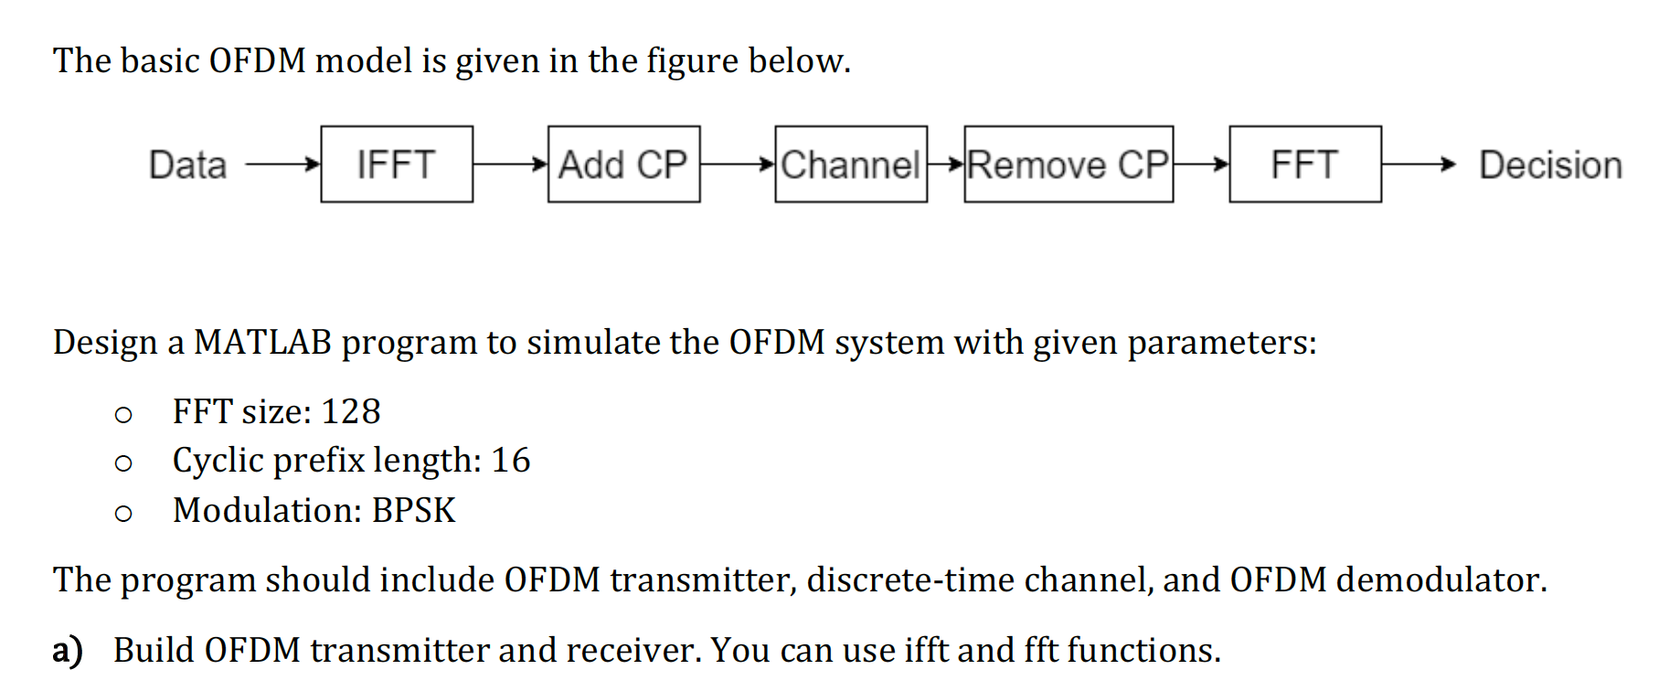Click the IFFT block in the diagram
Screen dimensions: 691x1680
(397, 165)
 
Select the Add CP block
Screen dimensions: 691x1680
(623, 165)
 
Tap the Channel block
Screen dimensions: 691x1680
(850, 165)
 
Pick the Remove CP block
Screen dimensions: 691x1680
(1068, 165)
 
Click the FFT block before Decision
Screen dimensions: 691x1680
(1304, 165)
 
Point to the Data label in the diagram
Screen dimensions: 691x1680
(187, 165)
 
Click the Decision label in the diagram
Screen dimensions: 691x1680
(1550, 165)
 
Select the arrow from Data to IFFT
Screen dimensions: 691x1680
(282, 165)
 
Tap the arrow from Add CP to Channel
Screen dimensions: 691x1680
(737, 165)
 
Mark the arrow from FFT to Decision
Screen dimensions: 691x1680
(1418, 165)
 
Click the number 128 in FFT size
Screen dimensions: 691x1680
(350, 412)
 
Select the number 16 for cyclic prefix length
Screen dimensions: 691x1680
(510, 461)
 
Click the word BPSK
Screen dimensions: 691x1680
(413, 510)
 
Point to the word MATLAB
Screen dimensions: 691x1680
(262, 343)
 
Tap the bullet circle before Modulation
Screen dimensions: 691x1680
(123, 514)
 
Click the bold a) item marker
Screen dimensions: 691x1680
(68, 651)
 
